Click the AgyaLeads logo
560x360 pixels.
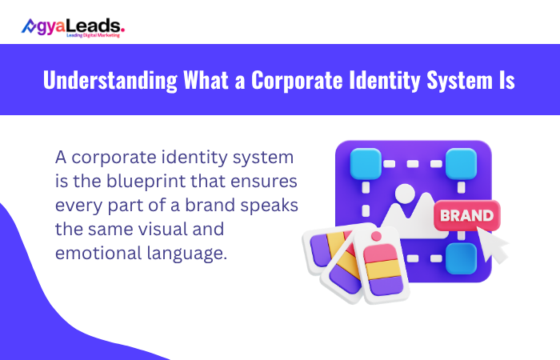[x=73, y=26]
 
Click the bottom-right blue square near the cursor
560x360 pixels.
[x=461, y=258]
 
